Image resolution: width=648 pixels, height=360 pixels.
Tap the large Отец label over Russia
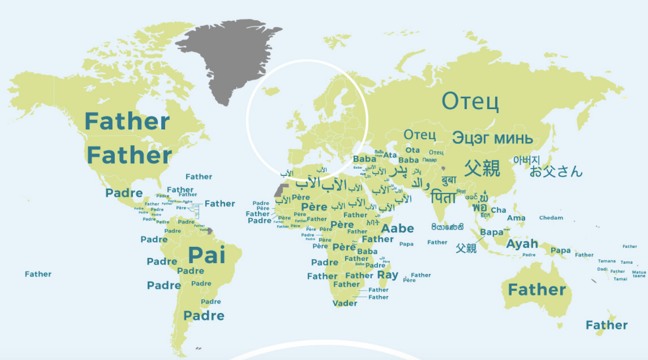point(470,101)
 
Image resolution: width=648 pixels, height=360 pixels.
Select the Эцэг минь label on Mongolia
point(492,138)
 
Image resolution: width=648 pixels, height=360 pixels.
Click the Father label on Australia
point(537,290)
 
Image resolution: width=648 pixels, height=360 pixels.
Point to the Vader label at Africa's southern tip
point(345,303)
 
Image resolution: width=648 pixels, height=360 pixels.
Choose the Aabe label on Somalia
point(397,228)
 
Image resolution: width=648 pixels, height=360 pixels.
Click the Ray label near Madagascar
point(388,275)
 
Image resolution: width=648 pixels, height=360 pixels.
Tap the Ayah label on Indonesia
point(522,244)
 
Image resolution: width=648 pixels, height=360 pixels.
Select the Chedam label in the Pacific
point(551,218)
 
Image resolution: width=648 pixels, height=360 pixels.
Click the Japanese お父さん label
point(556,171)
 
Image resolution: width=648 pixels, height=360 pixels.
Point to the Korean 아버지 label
point(526,159)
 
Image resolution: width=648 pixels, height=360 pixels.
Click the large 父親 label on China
point(482,168)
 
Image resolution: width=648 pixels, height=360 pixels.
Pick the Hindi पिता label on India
point(443,197)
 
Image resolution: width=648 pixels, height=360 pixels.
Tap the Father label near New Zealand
point(606,325)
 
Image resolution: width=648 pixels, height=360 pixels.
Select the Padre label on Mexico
point(124,193)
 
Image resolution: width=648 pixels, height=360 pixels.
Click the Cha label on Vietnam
point(498,210)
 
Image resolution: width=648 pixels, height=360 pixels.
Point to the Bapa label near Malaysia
point(492,232)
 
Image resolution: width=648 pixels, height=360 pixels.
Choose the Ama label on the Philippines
point(516,218)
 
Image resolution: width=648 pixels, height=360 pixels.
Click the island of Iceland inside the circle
point(272,91)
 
